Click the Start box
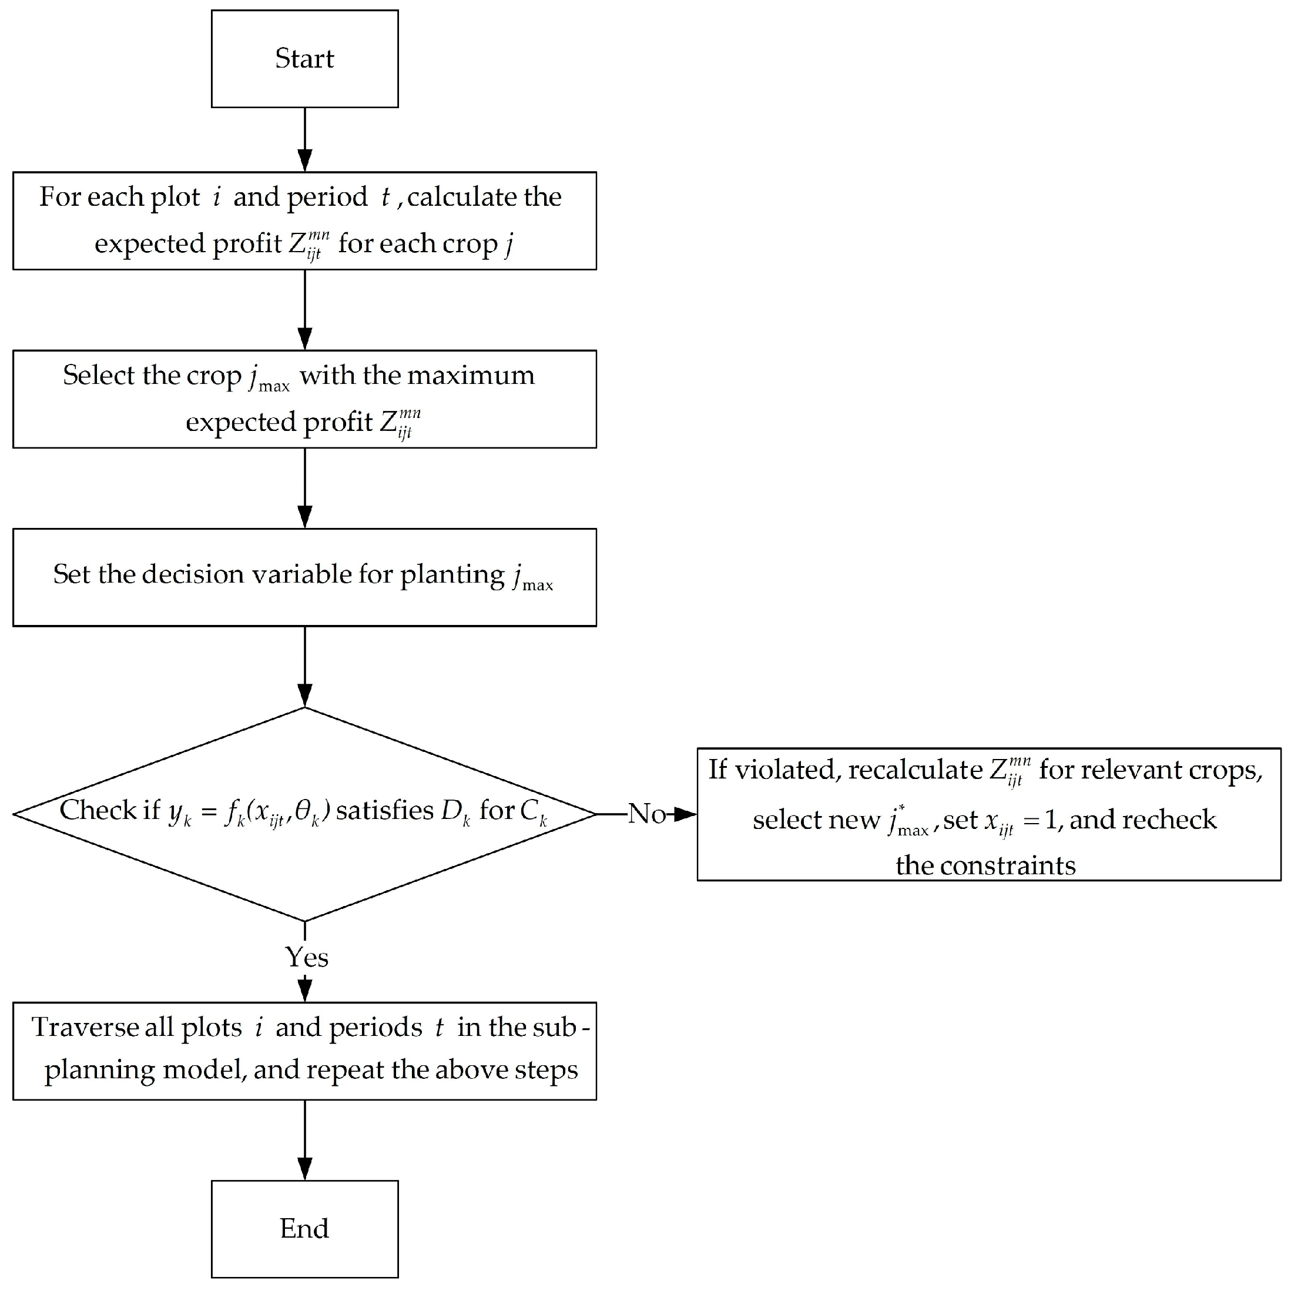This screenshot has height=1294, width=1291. pos(304,59)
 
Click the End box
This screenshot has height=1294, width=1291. pos(304,1229)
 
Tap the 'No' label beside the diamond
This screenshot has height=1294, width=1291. pos(646,814)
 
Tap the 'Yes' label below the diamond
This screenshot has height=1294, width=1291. pos(306,958)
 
